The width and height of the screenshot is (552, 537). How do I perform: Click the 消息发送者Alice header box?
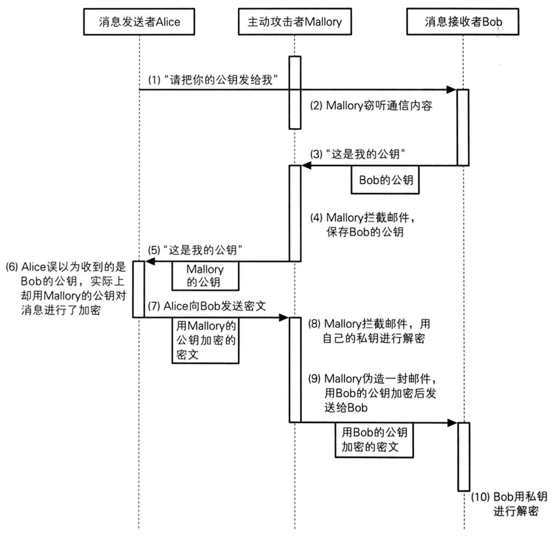coord(138,22)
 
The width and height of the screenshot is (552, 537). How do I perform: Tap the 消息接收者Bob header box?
coord(463,22)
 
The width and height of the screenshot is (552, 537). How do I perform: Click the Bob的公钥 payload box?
coord(384,181)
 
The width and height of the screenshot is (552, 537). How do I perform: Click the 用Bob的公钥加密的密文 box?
coord(374,439)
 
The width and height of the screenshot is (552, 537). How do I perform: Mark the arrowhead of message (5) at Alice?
coord(150,261)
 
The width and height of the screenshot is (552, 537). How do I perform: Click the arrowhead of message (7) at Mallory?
coord(284,318)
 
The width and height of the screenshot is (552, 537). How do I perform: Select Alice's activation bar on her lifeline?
coord(138,289)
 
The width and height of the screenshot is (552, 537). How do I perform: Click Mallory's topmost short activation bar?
coord(295,92)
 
